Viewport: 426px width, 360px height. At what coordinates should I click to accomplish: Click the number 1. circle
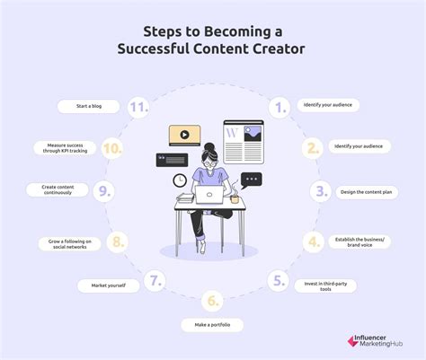point(280,107)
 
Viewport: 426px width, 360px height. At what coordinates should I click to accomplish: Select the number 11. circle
point(137,107)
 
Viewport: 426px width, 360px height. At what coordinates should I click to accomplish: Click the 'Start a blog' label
point(88,106)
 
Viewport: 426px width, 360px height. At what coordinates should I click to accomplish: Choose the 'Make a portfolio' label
point(212,324)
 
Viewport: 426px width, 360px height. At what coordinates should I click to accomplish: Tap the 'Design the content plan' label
point(367,191)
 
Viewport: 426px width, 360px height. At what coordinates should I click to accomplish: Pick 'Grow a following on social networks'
point(68,242)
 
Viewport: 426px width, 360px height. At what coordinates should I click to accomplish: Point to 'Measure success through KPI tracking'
point(65,147)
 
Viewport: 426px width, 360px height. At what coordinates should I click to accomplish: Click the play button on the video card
point(184,136)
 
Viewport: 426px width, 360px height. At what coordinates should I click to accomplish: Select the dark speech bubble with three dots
point(251,180)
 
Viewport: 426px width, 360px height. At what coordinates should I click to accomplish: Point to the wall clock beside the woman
point(181,180)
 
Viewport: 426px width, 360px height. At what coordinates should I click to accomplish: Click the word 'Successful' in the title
point(163,47)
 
